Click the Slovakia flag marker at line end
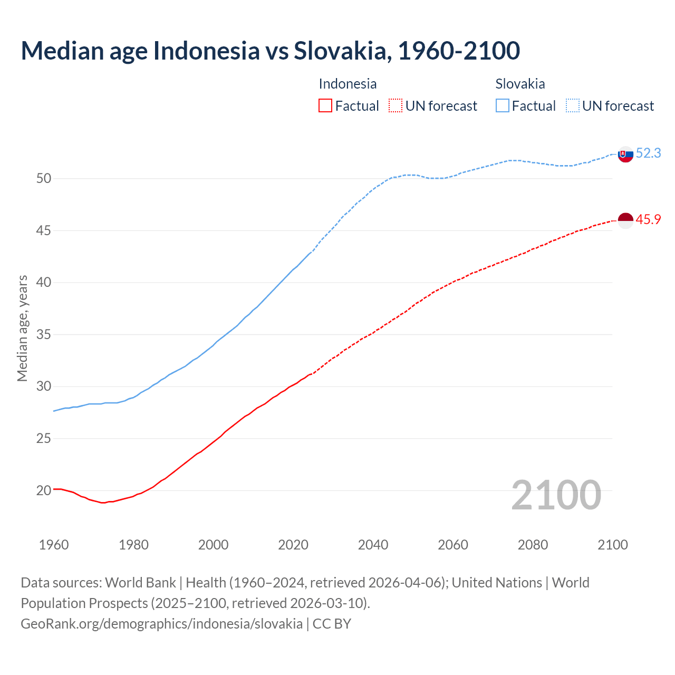pos(625,155)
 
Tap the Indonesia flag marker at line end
pos(625,220)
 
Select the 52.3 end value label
pos(648,153)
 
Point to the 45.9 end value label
pos(648,220)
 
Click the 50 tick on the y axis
pos(44,179)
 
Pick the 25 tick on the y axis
pos(44,439)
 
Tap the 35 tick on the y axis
pos(44,335)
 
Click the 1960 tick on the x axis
pos(54,545)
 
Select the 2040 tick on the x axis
pos(373,545)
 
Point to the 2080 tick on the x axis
pos(533,545)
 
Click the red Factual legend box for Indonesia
pos(325,106)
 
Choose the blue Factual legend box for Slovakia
pos(503,106)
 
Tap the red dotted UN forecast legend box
pos(396,106)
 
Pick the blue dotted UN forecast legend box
pos(573,106)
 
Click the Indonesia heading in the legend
pos(348,84)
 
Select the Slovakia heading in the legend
pos(520,84)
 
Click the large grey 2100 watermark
pos(556,495)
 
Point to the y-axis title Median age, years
pos(22,328)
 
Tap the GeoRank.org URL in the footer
pos(161,624)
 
